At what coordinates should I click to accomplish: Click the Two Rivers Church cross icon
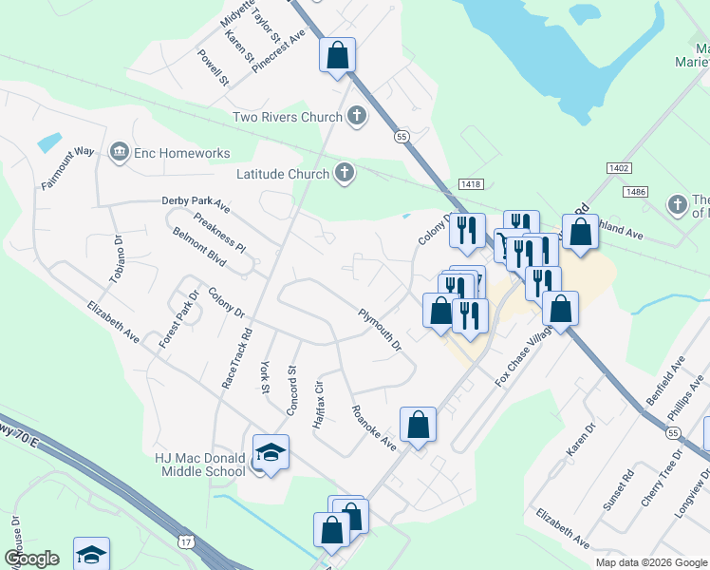tap(357, 117)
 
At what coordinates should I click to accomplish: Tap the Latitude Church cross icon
tap(345, 174)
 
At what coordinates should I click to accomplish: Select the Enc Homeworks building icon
tap(120, 152)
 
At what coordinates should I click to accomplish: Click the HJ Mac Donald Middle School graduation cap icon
tap(271, 450)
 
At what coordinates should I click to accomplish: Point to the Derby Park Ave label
tap(196, 204)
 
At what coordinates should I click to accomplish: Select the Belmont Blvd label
tap(198, 249)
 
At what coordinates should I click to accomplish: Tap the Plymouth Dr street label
tap(380, 330)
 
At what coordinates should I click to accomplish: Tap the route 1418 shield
tap(471, 183)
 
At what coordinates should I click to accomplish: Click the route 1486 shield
tap(636, 191)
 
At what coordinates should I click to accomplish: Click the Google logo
tap(31, 559)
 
